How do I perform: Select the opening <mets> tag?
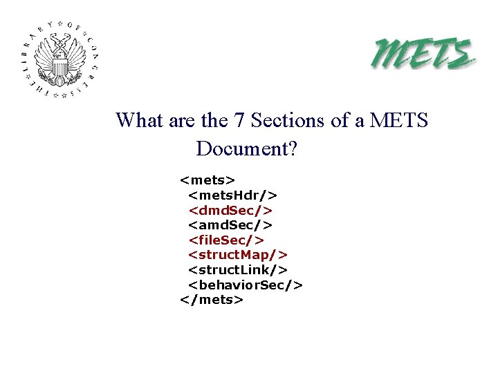pyautogui.click(x=207, y=181)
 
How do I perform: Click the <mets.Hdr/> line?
pyautogui.click(x=233, y=195)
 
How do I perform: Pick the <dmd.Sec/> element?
pyautogui.click(x=231, y=210)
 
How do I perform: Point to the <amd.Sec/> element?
pyautogui.click(x=231, y=225)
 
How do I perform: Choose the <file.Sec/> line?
pyautogui.click(x=227, y=240)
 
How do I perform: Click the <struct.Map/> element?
pyautogui.click(x=238, y=255)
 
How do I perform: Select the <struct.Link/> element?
pyautogui.click(x=238, y=270)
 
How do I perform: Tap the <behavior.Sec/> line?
pyautogui.click(x=246, y=285)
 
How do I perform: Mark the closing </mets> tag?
pyautogui.click(x=211, y=300)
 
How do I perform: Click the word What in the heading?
pyautogui.click(x=139, y=121)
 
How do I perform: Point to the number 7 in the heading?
pyautogui.click(x=239, y=121)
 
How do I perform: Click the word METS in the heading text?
pyautogui.click(x=399, y=121)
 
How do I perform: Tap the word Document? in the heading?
pyautogui.click(x=246, y=149)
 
